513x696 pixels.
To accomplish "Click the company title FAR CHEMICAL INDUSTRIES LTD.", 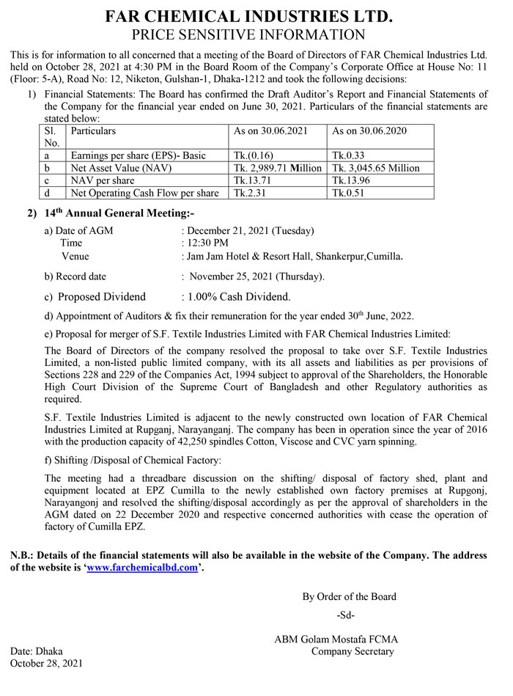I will click(x=249, y=16).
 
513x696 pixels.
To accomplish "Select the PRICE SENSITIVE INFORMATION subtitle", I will click(x=249, y=35).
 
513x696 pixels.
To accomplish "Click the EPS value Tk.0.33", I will click(x=349, y=155).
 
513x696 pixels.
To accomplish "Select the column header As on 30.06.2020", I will click(x=370, y=131).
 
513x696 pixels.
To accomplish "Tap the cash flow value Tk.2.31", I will click(x=249, y=193).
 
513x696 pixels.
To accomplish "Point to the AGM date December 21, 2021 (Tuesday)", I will click(x=251, y=230).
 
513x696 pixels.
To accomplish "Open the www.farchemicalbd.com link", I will click(x=142, y=568).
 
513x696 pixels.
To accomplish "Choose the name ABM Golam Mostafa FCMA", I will click(x=336, y=640).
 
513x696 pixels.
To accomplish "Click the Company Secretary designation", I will click(x=353, y=651).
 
